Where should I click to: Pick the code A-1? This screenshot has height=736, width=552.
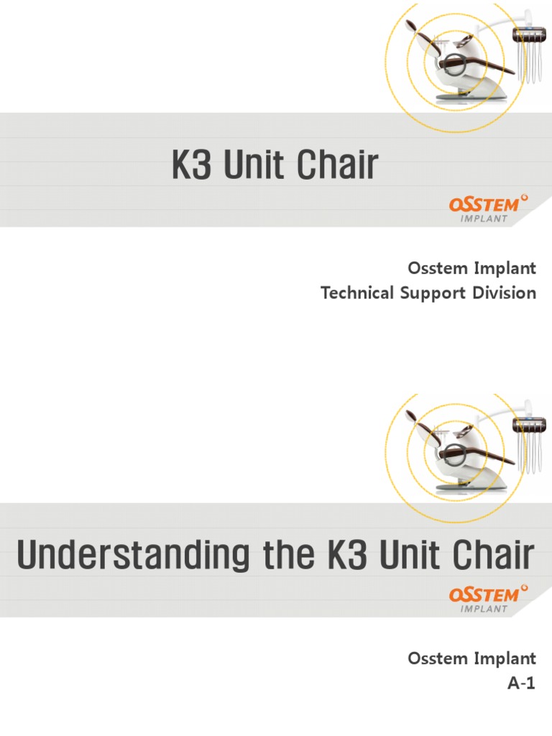[522, 684]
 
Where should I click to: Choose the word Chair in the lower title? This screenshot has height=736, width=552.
[496, 556]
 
